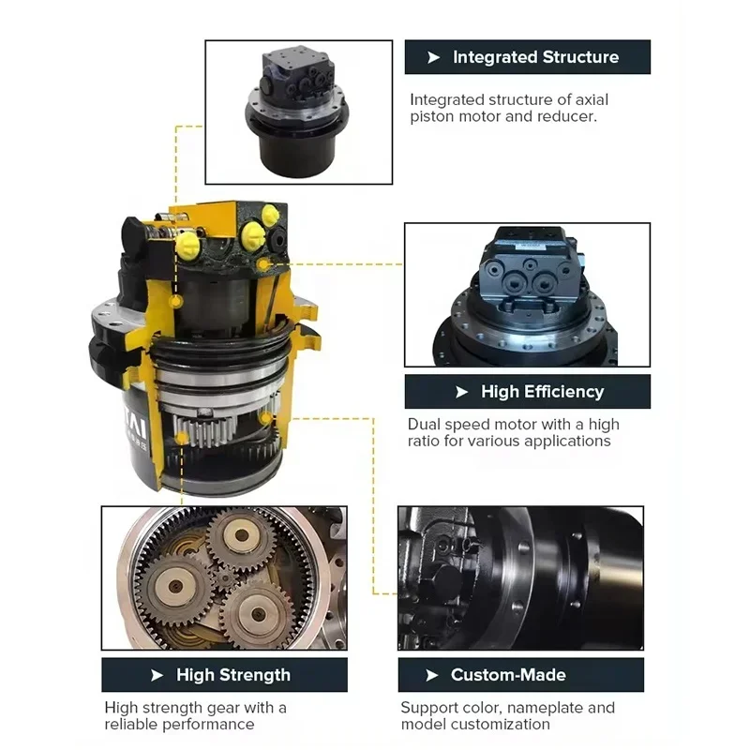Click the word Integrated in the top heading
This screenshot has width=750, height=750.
[495, 57]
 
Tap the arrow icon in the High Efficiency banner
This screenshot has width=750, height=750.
[461, 392]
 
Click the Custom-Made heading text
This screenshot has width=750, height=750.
[508, 675]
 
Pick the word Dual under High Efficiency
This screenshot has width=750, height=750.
[425, 425]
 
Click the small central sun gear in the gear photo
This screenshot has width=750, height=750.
[224, 580]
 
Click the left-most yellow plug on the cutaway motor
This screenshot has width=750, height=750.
[187, 247]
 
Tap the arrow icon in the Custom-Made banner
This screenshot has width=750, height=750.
[432, 675]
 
